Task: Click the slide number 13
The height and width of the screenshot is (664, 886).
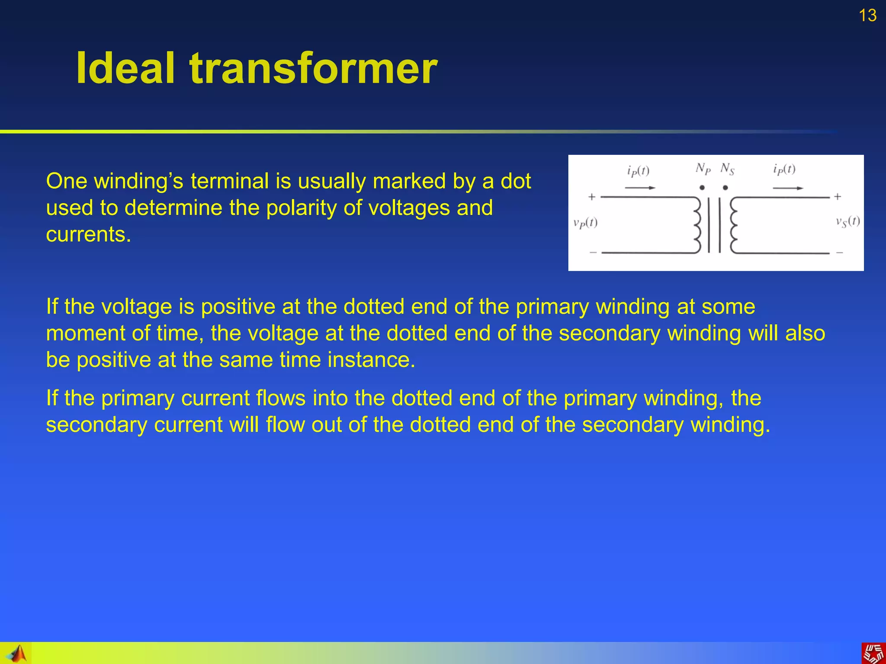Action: (x=867, y=16)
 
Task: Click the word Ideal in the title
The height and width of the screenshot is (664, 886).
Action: (x=125, y=68)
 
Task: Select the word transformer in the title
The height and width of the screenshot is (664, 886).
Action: (x=314, y=68)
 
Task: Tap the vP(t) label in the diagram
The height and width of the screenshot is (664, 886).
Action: (x=585, y=223)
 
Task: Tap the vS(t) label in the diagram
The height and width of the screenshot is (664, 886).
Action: (x=847, y=222)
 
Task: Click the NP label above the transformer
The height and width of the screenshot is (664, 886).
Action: (x=703, y=169)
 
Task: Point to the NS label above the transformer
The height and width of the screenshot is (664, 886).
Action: (x=727, y=169)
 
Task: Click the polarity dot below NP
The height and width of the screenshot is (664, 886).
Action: (x=702, y=188)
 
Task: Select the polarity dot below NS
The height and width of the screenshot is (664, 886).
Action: (x=725, y=188)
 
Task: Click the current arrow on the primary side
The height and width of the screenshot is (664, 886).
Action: (x=640, y=188)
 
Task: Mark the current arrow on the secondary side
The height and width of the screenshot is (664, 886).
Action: (x=788, y=188)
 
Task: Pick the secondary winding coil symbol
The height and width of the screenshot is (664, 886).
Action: (x=734, y=225)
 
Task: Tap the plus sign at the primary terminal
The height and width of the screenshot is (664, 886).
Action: (x=592, y=197)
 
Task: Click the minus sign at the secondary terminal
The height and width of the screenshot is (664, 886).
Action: (x=839, y=252)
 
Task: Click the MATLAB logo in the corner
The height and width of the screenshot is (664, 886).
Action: (x=16, y=653)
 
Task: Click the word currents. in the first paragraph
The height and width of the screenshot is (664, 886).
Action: (x=88, y=234)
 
